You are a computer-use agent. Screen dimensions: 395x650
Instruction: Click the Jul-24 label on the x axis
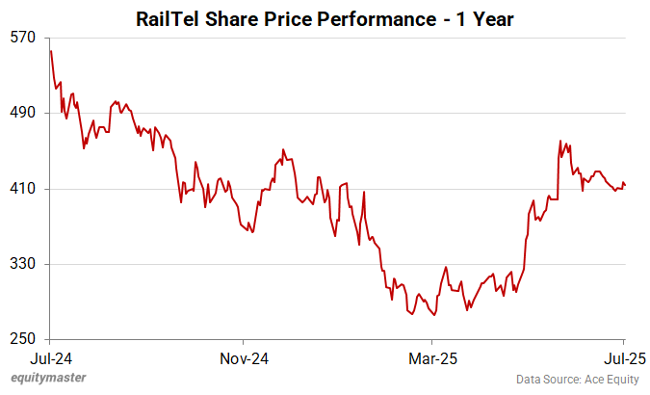pos(51,357)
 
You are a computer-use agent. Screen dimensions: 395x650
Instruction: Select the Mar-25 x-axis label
pos(432,357)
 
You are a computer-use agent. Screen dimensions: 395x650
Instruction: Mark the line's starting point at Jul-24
pos(50,51)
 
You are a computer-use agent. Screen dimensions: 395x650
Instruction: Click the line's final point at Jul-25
pos(625,185)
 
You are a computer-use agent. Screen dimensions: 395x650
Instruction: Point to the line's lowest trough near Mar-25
pos(435,314)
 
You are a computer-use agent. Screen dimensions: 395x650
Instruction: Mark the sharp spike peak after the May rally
pos(559,141)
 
